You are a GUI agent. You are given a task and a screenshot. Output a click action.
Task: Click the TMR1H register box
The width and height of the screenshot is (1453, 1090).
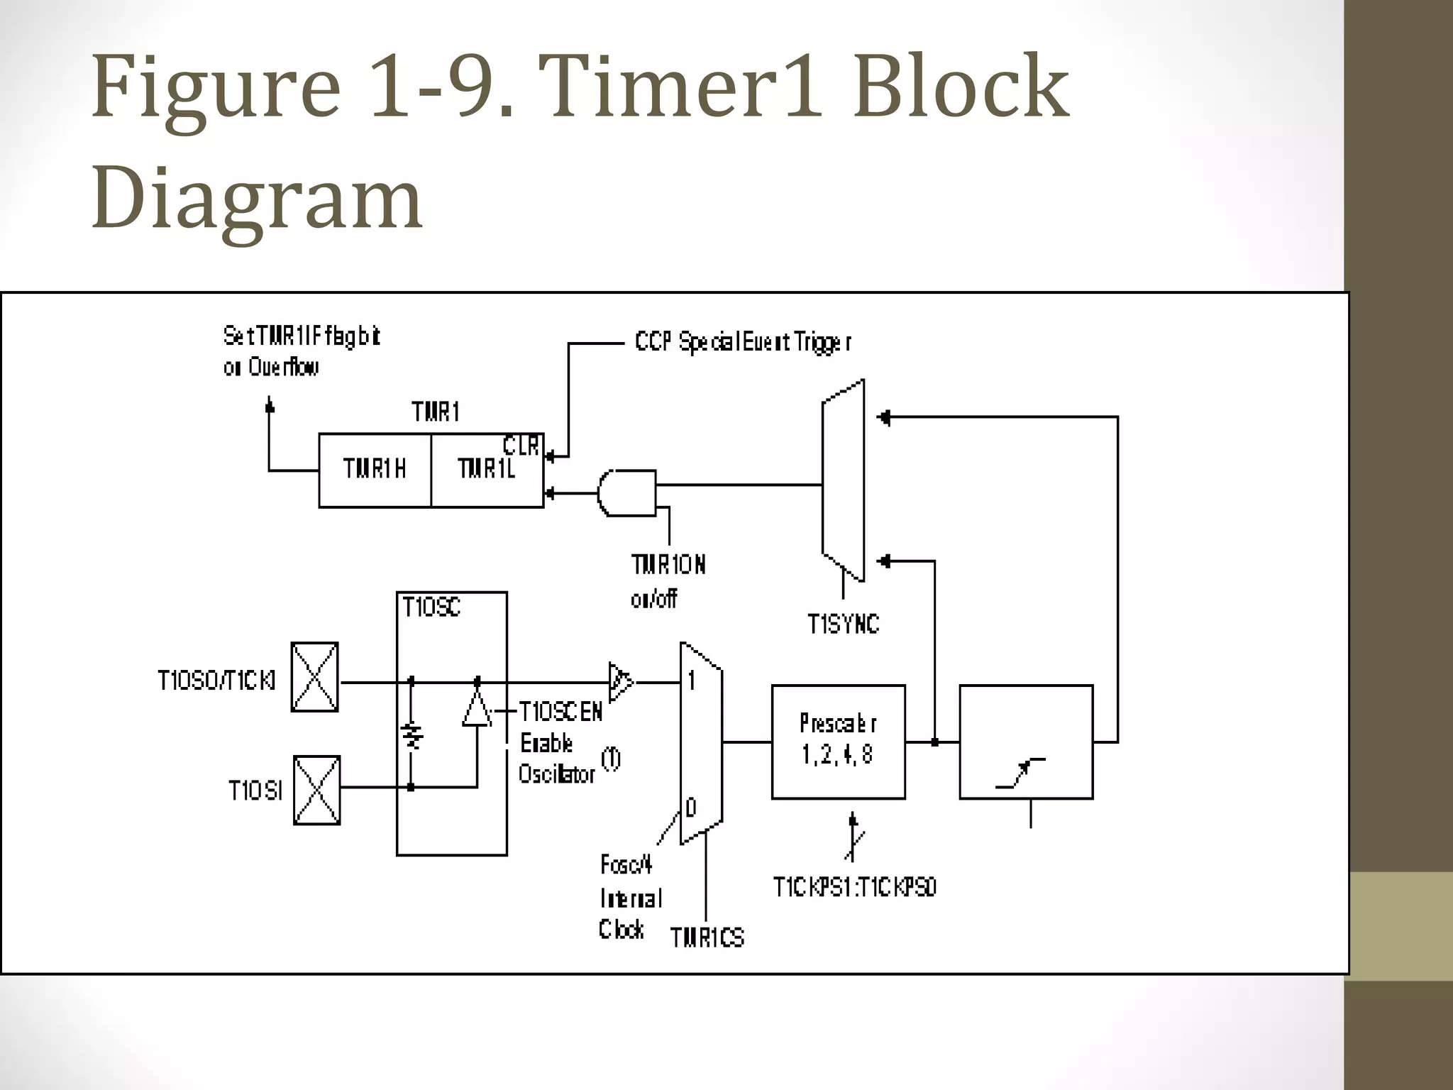point(375,470)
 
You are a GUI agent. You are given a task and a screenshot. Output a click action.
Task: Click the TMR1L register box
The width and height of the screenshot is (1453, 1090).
point(487,470)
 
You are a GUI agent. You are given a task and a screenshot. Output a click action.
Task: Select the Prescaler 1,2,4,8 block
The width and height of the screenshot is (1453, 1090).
point(838,742)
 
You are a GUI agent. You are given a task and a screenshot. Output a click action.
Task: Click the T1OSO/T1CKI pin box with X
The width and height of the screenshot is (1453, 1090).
point(314,677)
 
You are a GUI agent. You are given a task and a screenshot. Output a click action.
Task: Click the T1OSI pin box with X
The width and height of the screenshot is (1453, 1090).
point(316,790)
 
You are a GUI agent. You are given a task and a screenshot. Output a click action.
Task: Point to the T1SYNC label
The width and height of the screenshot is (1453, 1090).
point(843,624)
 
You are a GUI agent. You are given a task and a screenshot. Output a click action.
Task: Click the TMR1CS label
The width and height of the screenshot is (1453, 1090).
point(707,938)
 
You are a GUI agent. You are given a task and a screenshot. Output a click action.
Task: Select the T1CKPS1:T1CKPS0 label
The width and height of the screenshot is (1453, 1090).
point(854,887)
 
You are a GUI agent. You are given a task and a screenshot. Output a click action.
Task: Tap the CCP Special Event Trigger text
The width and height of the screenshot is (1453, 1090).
point(743,343)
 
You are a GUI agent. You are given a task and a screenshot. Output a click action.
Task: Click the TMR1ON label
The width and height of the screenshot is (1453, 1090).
point(668,565)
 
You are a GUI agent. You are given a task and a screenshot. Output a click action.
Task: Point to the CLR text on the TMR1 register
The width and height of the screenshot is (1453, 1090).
point(521,446)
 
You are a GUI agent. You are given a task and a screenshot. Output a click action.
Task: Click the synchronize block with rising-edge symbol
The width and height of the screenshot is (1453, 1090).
point(1025,742)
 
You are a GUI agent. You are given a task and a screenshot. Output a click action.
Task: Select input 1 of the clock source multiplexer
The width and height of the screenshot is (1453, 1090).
point(692,681)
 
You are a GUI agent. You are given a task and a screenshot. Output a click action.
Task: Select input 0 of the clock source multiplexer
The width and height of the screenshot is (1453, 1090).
point(691,808)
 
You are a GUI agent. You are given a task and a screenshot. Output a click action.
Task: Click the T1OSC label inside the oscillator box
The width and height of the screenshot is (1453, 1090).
point(431,607)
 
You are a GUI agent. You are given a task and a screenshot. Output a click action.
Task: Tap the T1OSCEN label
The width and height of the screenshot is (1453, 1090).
point(560,712)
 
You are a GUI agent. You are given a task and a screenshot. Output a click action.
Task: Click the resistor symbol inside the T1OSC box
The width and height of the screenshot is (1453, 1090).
point(411,735)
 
